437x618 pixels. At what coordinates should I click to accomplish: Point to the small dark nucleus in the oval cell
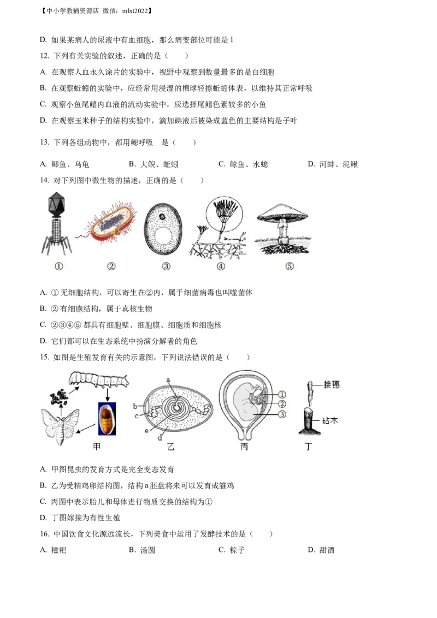(x=163, y=216)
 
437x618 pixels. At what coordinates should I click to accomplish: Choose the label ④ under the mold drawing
(x=221, y=266)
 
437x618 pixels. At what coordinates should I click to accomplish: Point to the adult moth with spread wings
(x=61, y=425)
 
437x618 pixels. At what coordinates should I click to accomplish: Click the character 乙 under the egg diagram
(x=172, y=447)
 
